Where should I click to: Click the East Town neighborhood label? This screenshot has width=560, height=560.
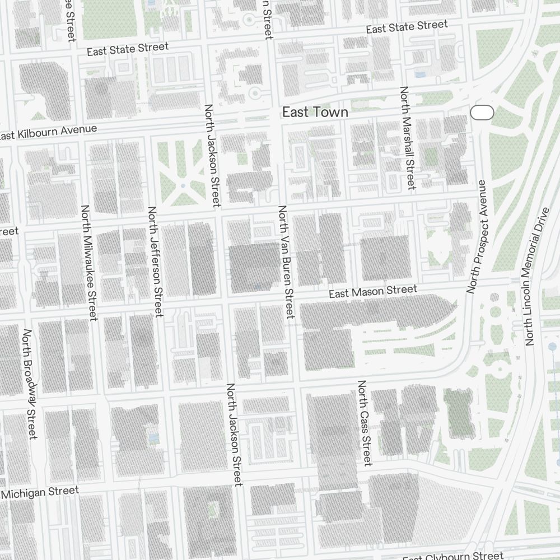(x=315, y=112)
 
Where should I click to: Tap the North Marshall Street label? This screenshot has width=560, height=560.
(x=407, y=138)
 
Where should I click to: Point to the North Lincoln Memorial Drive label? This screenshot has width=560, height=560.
(x=537, y=277)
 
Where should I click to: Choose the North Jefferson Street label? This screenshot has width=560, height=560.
(x=155, y=262)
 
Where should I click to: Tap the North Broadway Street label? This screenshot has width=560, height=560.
(x=30, y=384)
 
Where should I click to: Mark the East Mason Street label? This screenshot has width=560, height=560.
(x=372, y=291)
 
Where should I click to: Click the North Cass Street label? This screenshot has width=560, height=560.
(x=364, y=423)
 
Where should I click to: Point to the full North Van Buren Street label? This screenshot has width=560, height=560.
(x=286, y=262)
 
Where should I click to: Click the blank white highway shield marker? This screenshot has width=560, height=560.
(x=482, y=113)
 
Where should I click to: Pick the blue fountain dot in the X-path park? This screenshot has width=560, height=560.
(x=183, y=185)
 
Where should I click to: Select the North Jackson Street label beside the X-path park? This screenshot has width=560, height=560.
(x=213, y=155)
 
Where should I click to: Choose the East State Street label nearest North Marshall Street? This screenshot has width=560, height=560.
(x=407, y=26)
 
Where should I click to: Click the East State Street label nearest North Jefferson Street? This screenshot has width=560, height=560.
(x=128, y=49)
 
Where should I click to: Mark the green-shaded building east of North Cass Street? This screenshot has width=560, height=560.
(x=459, y=412)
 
